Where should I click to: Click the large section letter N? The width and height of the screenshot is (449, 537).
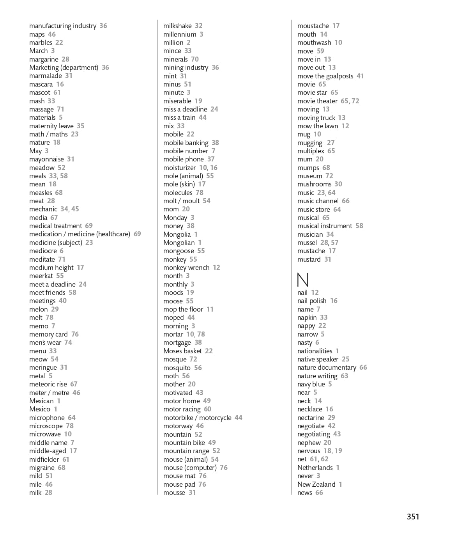point(303,280)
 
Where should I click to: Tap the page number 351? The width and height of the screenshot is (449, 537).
point(413,517)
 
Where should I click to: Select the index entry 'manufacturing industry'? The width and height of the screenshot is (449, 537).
point(63,26)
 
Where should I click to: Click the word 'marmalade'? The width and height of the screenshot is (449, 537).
point(46,76)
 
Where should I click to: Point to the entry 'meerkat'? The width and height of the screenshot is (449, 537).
point(41,276)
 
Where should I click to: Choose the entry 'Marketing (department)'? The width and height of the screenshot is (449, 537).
point(64,67)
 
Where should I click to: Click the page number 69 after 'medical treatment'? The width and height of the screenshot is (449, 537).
point(89,226)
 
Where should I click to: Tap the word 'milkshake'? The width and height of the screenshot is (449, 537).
point(177,26)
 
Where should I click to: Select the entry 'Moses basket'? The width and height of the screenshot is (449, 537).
point(182,351)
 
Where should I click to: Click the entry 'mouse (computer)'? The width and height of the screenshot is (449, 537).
point(190,468)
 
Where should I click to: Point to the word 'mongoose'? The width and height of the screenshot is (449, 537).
point(179,251)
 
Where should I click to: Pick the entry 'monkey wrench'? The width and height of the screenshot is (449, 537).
point(186,268)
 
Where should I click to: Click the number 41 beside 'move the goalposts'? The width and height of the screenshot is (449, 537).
point(360,76)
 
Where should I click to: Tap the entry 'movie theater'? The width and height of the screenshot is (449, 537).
point(317,101)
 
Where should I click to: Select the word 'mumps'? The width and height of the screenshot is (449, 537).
point(308,168)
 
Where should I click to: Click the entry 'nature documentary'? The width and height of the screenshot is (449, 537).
point(327,367)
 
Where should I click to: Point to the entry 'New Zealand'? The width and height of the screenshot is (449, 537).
point(316,484)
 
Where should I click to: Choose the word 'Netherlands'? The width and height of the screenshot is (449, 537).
point(315,468)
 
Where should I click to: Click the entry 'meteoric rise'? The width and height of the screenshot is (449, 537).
point(48,384)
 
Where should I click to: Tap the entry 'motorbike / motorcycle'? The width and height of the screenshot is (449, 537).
point(197,418)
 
